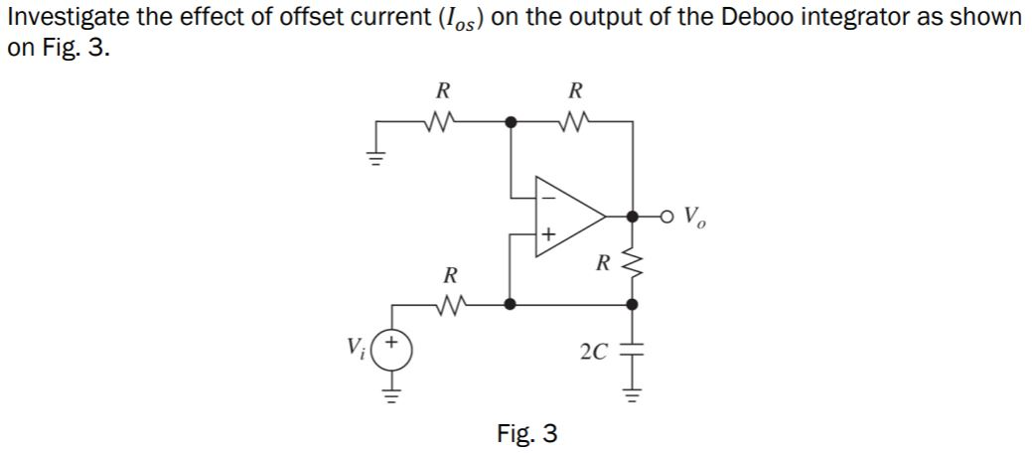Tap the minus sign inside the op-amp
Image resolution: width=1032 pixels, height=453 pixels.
coord(547,194)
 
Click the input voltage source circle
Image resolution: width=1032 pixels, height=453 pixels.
coord(392,350)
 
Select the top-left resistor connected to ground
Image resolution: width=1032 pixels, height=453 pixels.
coord(442,124)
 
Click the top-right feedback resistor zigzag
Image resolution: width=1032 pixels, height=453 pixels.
coord(573,124)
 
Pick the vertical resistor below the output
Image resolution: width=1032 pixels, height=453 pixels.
coord(634,262)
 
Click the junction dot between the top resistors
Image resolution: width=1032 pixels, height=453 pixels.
coord(510,123)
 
